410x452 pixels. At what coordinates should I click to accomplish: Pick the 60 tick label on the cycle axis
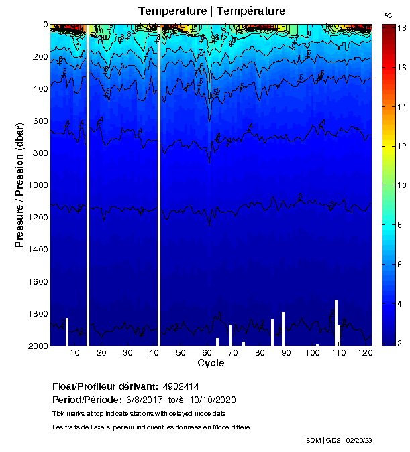coord(207,353)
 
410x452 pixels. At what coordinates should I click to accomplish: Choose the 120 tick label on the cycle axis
coord(365,353)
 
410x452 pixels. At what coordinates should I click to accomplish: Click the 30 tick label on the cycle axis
coord(127,353)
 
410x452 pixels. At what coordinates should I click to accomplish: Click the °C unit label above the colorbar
coord(388,15)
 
